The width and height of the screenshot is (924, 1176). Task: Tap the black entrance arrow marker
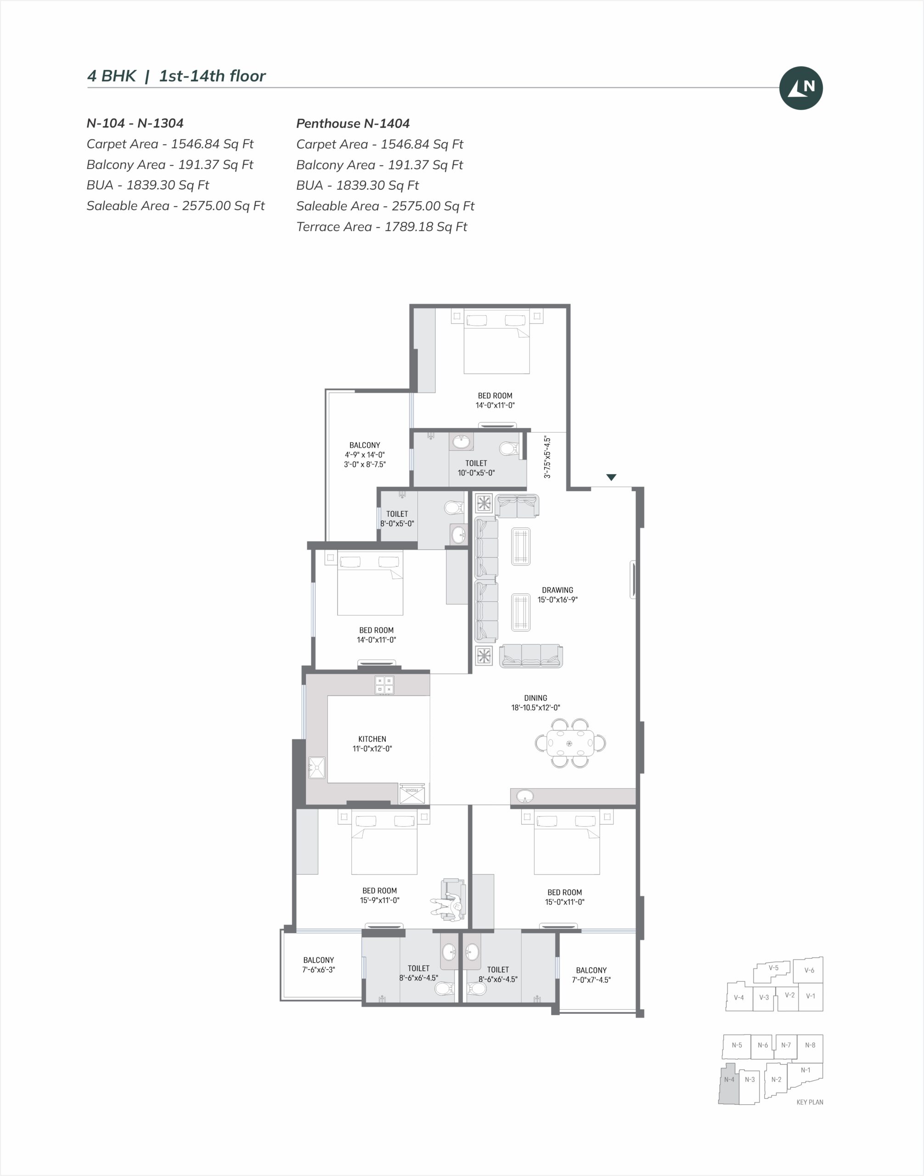pyautogui.click(x=611, y=477)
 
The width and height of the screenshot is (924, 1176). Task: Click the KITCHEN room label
pyautogui.click(x=372, y=739)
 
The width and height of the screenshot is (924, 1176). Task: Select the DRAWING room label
pyautogui.click(x=557, y=590)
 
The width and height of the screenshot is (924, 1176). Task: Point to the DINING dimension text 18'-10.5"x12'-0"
pyautogui.click(x=535, y=707)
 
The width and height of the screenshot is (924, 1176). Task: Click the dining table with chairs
pyautogui.click(x=570, y=743)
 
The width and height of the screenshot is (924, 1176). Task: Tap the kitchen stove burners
pyautogui.click(x=384, y=685)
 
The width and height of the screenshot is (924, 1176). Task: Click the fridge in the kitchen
pyautogui.click(x=411, y=793)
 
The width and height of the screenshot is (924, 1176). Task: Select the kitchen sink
pyautogui.click(x=316, y=768)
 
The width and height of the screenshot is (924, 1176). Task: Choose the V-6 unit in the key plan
pyautogui.click(x=809, y=970)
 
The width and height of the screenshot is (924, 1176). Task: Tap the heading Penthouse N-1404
pyautogui.click(x=353, y=124)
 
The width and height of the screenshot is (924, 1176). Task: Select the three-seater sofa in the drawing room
pyautogui.click(x=531, y=656)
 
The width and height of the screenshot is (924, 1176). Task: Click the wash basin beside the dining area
pyautogui.click(x=525, y=797)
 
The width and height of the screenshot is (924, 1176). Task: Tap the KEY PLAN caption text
pyautogui.click(x=809, y=1102)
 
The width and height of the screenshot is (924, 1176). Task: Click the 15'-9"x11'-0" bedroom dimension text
pyautogui.click(x=380, y=900)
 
